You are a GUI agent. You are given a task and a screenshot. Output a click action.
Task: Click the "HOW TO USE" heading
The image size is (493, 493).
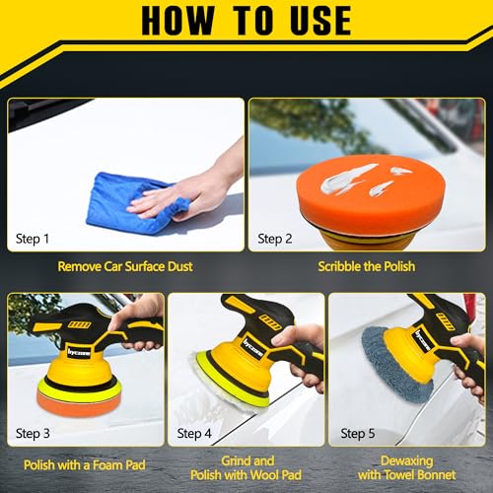coord(246,21)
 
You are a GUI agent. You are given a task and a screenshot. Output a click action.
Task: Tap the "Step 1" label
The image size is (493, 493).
coord(33,239)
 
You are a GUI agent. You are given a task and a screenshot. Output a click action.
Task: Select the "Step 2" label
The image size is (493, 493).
coord(275,239)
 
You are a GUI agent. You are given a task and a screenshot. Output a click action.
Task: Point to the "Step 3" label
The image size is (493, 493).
coord(33,434)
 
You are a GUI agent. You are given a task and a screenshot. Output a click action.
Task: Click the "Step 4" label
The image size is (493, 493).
coord(194,434)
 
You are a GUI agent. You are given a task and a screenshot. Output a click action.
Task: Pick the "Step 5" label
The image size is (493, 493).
coord(358,434)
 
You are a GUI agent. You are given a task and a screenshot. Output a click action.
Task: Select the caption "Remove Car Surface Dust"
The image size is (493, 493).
coord(125,266)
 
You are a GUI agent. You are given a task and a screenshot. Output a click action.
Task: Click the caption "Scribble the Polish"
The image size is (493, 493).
coord(367,266)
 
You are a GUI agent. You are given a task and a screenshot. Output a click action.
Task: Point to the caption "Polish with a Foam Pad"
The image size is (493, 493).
coord(85,465)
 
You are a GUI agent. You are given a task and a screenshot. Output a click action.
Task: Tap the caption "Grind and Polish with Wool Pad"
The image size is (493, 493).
coord(246,468)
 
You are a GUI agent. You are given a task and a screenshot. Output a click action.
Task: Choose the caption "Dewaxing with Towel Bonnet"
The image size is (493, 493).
coord(407,468)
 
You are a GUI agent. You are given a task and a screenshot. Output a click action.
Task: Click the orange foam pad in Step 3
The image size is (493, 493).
coord(79,401)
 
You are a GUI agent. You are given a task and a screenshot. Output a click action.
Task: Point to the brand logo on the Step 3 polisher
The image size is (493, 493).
coord(79,352)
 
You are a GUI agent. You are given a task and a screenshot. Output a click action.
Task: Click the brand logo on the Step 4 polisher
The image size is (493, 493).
coord(253,348)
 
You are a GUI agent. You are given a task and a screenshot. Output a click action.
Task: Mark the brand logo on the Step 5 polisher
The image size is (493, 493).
coord(422,340)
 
